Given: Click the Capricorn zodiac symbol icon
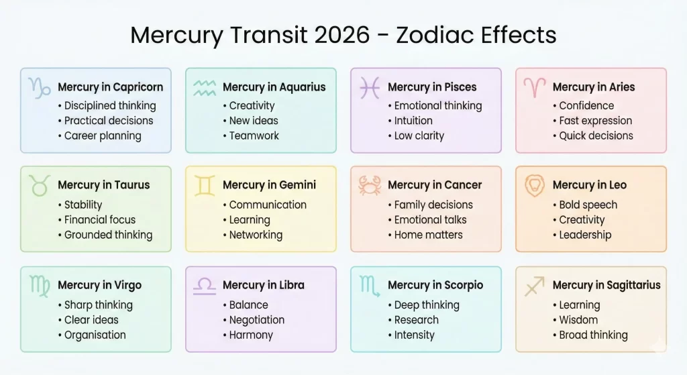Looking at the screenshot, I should (40, 87).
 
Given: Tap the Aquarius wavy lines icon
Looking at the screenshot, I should (205, 87).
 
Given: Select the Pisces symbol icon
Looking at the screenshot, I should (370, 87).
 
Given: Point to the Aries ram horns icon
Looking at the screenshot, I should (535, 87).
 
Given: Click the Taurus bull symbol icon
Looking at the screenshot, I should (40, 185).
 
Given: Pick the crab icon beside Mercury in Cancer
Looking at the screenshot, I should (370, 185).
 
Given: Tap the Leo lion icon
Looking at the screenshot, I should (535, 185).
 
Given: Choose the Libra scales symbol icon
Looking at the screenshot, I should (205, 285).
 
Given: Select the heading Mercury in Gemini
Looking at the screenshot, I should (269, 185).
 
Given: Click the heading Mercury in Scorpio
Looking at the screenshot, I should (435, 285).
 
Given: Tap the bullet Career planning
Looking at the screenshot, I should (103, 136).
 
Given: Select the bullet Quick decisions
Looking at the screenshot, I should (596, 136).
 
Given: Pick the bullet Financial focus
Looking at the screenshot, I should (100, 219).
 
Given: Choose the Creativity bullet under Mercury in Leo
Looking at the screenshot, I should (582, 219).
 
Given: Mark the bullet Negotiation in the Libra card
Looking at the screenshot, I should (257, 320).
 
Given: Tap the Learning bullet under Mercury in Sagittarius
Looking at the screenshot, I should (580, 305).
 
